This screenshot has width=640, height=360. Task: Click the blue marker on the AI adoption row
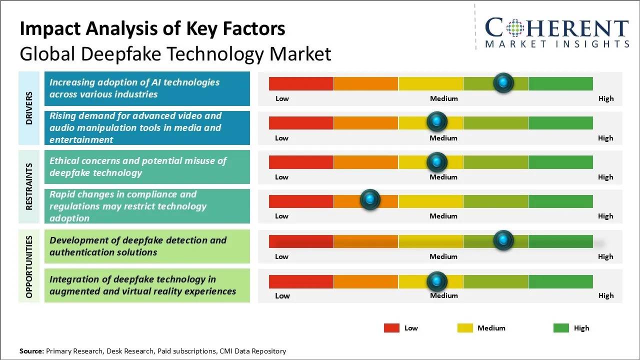click(503, 82)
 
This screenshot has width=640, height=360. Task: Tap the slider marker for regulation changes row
click(370, 200)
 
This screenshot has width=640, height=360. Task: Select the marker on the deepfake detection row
click(503, 240)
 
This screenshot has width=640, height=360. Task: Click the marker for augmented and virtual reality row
click(437, 281)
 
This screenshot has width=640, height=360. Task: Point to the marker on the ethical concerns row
click(437, 161)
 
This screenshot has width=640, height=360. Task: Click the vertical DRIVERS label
click(29, 107)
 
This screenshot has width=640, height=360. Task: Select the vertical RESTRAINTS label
click(29, 186)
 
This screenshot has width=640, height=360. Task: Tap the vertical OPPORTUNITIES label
click(29, 266)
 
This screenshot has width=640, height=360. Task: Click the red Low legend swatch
click(391, 328)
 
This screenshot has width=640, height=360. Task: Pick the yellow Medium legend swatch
click(465, 328)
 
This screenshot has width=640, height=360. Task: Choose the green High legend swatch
click(561, 328)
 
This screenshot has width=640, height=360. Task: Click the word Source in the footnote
click(31, 351)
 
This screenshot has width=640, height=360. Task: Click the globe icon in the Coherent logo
click(515, 28)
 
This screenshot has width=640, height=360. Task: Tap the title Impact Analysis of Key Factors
click(152, 29)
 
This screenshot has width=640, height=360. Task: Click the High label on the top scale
click(606, 98)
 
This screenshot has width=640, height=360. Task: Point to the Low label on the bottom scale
click(282, 295)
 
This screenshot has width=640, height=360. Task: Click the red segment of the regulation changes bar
click(301, 201)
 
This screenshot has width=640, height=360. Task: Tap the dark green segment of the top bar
click(560, 83)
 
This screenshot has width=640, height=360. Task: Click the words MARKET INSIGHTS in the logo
click(557, 44)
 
